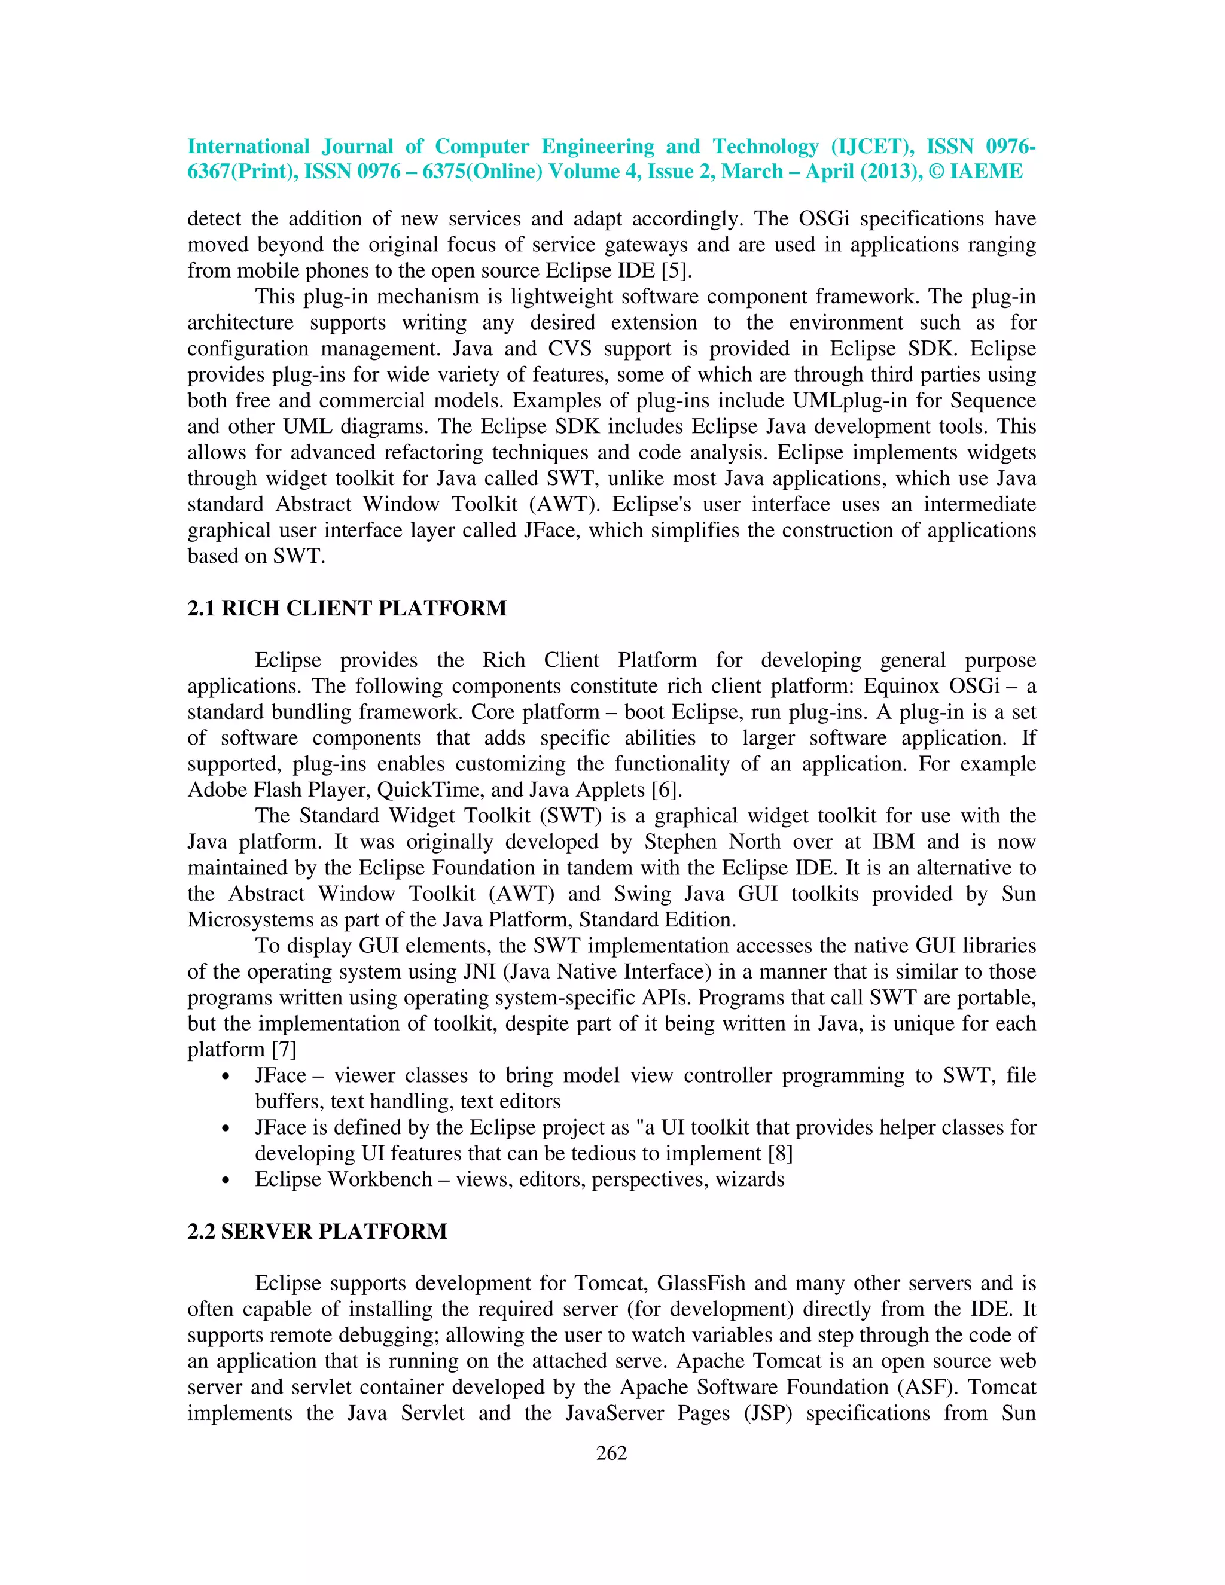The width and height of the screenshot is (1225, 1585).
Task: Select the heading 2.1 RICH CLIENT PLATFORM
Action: (347, 608)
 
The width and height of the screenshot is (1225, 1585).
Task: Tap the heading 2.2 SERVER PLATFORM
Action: (317, 1232)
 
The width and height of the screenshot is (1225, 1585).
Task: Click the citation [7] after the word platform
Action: (284, 1050)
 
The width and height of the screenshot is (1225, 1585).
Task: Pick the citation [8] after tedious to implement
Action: (780, 1153)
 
